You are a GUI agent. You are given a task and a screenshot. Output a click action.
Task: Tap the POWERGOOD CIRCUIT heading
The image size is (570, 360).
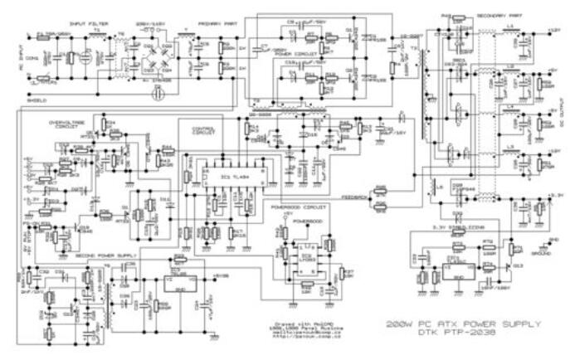point(295,202)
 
